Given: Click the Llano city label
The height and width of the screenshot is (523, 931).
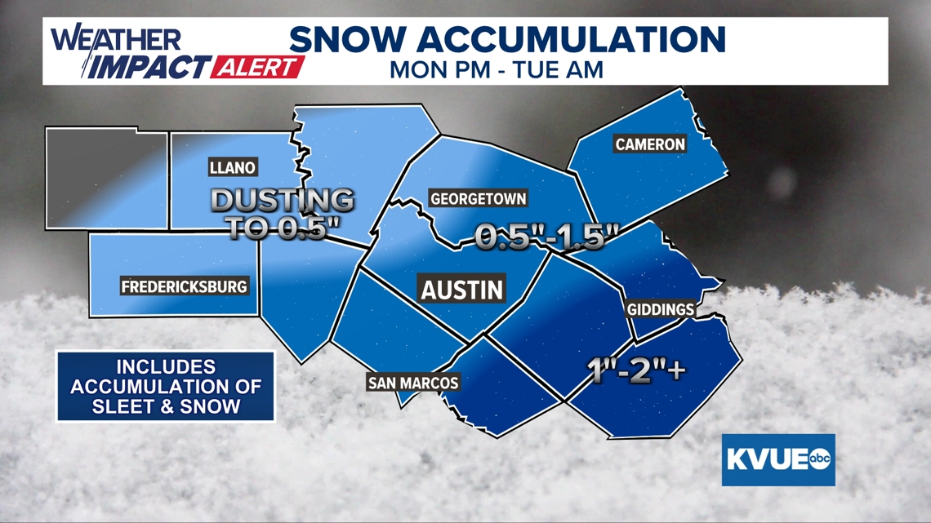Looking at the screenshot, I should [x=233, y=168].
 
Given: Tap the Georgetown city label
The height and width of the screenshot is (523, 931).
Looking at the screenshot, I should [x=478, y=198].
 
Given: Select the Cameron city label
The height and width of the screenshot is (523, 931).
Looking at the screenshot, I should [x=650, y=144].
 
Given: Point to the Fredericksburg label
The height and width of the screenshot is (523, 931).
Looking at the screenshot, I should [x=184, y=287].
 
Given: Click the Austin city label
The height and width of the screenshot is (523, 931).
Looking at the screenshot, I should [x=461, y=289].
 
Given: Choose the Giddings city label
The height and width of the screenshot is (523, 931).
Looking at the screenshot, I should [x=660, y=310].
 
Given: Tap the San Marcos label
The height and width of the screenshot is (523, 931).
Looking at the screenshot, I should [x=413, y=383].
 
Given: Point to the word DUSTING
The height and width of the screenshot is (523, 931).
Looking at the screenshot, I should [x=283, y=201].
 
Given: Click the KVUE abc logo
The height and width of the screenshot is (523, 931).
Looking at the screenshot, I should [x=777, y=459].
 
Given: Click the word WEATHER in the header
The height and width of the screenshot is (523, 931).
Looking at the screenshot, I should [x=116, y=40].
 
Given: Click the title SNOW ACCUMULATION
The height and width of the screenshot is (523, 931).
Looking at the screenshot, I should [x=507, y=40].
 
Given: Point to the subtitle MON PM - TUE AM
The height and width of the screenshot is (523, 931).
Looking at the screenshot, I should [x=497, y=69].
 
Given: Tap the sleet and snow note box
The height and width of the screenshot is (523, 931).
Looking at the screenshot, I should [x=165, y=387].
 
